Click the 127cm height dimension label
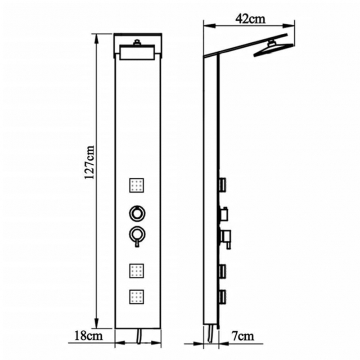(x=90, y=162)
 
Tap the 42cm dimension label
(x=249, y=19)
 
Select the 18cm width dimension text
(x=88, y=335)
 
